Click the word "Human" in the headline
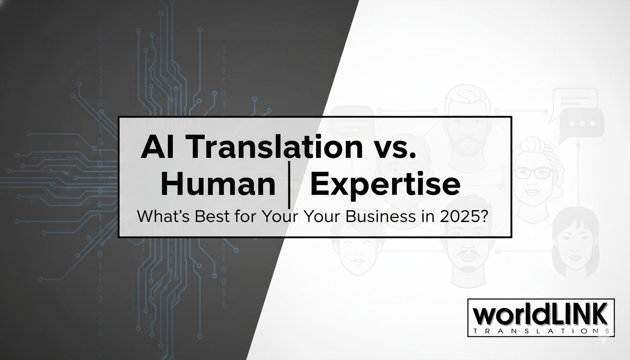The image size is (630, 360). click(x=217, y=186)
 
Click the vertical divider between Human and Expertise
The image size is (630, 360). click(x=292, y=186)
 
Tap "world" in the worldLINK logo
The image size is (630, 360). click(x=506, y=315)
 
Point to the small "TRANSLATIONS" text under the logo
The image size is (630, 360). click(x=539, y=331)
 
